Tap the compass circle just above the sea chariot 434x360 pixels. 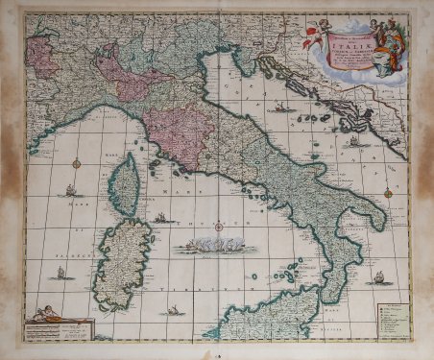[219, 228]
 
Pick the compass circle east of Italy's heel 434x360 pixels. [389, 193]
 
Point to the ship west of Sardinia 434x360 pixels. [60, 273]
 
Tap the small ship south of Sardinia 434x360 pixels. [174, 310]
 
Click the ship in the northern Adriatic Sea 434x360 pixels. [280, 107]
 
